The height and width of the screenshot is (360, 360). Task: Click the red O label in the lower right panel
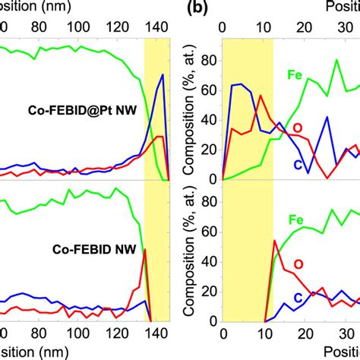tap(298, 264)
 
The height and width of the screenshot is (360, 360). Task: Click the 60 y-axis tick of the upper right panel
tap(206, 90)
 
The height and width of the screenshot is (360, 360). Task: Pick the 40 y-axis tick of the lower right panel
tap(206, 262)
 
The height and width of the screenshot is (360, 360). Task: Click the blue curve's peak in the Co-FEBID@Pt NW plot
tap(161, 74)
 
